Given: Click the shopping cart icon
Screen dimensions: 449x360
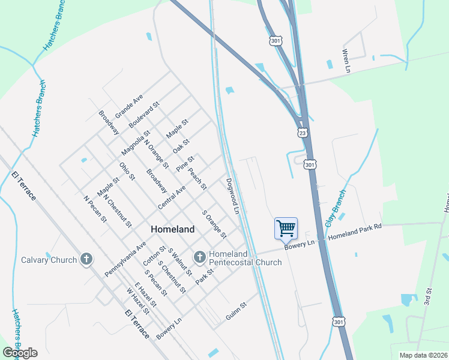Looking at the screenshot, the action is pos(286,228).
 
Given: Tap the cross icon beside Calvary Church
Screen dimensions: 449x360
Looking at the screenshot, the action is pos(86,260).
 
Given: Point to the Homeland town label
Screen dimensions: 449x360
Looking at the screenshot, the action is pos(172,229).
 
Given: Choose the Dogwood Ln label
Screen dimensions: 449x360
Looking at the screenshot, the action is pos(232,196).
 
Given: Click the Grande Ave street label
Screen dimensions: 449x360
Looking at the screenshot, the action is pos(129,106).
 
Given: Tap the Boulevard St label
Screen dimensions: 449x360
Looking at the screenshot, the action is pos(144,115).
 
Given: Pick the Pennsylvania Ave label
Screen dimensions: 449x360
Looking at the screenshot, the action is pos(125,259).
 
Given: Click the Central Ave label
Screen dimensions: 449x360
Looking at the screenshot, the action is pos(172,197).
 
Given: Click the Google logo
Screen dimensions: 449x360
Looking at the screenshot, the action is pos(20,353).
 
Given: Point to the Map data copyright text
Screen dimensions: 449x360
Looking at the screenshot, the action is pos(423,355).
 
